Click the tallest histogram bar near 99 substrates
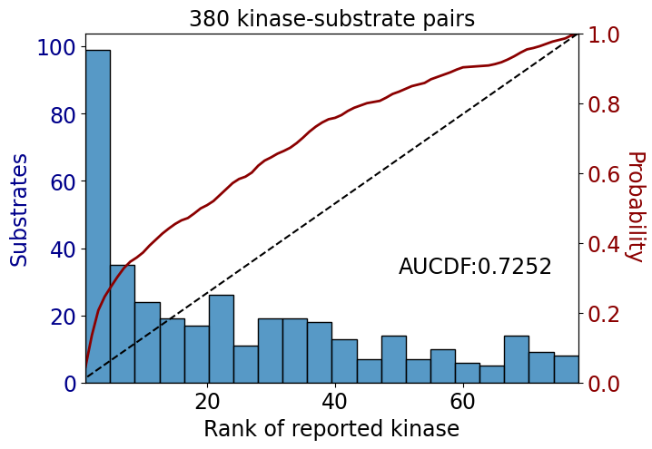98,217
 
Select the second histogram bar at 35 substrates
123,324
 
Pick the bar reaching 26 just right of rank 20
222,339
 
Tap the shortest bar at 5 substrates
492,375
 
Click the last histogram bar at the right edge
566,369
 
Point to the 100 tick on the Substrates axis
56,47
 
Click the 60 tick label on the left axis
63,181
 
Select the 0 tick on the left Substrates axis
70,384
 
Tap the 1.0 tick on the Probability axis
603,34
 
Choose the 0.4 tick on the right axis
603,244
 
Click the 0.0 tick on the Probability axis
603,384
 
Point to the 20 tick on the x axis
207,401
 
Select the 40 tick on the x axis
335,401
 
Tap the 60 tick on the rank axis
462,401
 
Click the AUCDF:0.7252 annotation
475,267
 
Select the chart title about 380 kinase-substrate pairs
331,19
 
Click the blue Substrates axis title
18,210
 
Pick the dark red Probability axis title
636,207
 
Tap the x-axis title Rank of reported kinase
331,429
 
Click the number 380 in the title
209,19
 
